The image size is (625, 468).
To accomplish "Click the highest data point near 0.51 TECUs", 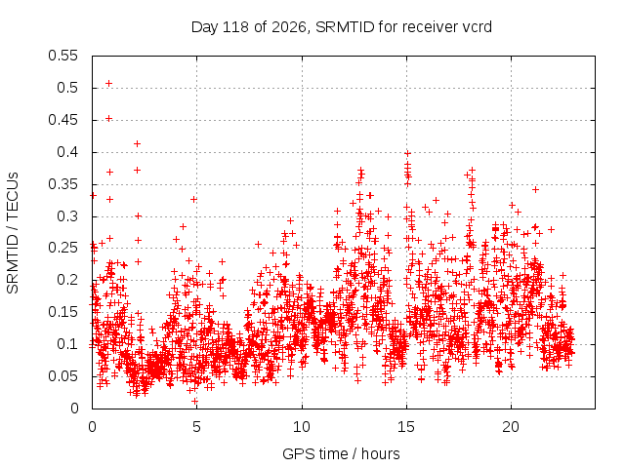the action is (108, 83).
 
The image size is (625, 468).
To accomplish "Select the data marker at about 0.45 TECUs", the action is (108, 118).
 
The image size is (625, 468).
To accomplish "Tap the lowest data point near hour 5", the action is (195, 401).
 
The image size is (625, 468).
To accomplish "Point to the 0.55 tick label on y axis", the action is (62, 56).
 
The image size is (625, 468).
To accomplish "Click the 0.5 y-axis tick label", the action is (67, 88).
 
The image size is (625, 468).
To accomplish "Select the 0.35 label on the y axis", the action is (62, 184).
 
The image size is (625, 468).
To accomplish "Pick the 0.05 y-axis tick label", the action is (62, 376).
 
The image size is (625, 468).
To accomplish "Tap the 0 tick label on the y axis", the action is (74, 409).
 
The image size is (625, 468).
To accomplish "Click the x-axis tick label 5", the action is (196, 427).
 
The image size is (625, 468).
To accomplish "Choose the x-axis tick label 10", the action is (302, 427).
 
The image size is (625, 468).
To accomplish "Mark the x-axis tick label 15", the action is (406, 427).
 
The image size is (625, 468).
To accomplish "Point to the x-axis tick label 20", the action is (511, 427).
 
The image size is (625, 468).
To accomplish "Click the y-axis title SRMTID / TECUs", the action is (13, 233).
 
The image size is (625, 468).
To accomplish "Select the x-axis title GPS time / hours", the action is (341, 453).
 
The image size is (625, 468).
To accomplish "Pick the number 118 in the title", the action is (235, 27).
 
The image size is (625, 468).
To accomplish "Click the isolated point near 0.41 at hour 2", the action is (137, 143).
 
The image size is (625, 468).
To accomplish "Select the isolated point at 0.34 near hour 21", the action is (536, 190).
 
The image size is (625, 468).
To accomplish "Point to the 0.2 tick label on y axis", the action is (67, 280).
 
